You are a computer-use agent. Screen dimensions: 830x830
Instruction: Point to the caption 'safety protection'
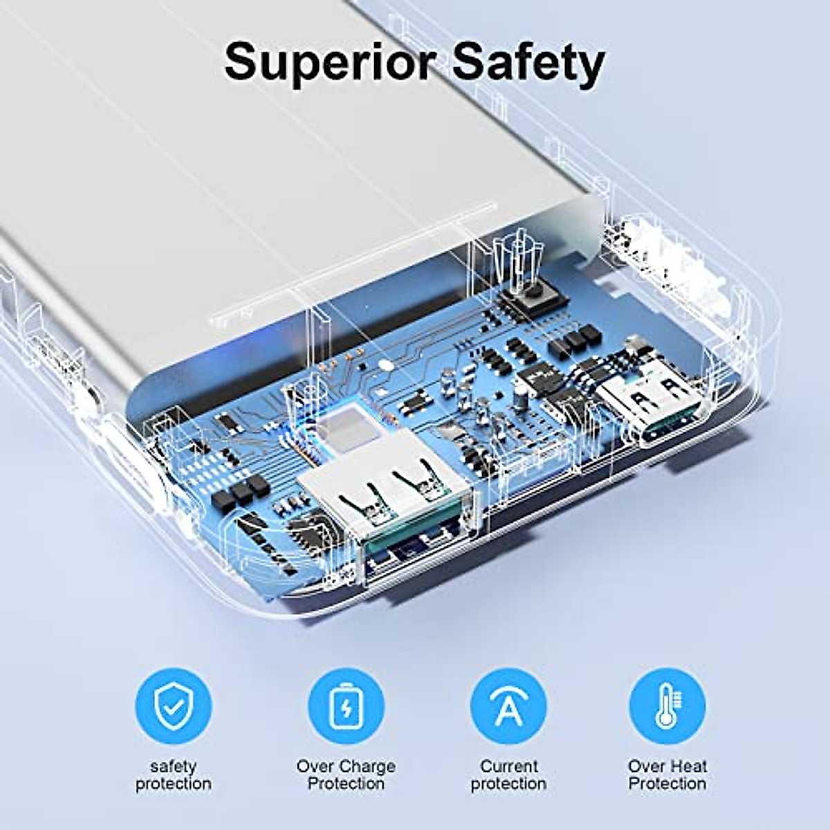point(173,775)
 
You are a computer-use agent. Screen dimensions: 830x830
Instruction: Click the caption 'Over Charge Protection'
point(345,775)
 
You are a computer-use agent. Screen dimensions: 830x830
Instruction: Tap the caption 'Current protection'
point(508,775)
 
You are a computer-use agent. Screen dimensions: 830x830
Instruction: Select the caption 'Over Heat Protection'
point(667,775)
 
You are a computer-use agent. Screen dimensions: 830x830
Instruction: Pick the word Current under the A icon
point(508,766)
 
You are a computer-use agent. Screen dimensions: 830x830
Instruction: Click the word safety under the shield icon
point(173,766)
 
